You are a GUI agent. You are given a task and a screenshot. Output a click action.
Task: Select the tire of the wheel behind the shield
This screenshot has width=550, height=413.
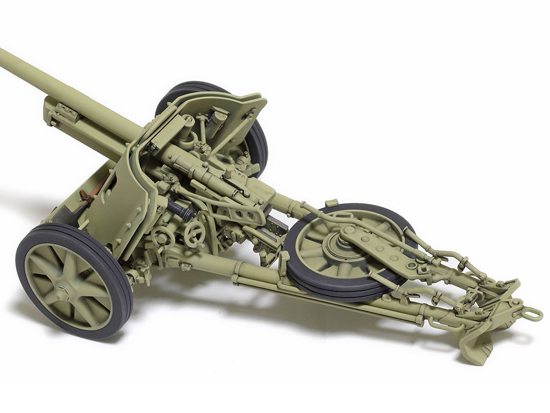point(258,138)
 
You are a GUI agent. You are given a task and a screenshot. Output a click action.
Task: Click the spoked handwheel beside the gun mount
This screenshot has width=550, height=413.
point(194,234)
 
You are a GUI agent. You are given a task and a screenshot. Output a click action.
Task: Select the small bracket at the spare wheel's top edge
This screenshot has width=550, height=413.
point(331,204)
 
